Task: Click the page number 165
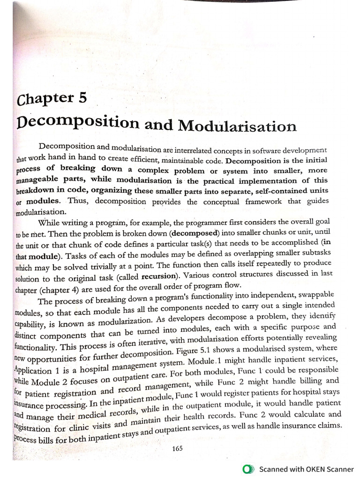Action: pyautogui.click(x=177, y=448)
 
